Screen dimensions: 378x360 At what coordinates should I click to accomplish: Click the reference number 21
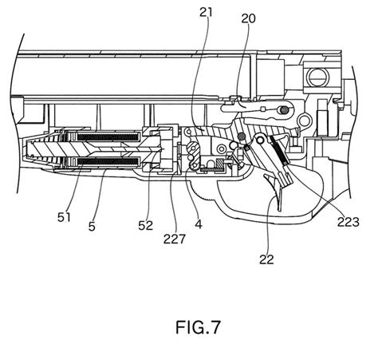tap(207, 13)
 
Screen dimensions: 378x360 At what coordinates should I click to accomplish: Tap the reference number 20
tap(248, 18)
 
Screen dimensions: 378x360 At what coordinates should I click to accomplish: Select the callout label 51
tap(64, 217)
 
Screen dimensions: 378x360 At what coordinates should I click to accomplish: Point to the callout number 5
tap(92, 227)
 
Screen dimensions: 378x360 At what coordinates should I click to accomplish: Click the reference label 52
tap(146, 226)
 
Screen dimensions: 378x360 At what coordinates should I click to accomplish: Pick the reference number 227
tap(175, 239)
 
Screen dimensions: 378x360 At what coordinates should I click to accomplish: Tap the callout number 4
tap(199, 224)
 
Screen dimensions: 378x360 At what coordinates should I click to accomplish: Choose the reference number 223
tap(348, 222)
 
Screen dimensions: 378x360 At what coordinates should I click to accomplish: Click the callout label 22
tap(266, 259)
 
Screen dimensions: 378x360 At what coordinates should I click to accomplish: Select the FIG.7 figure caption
tap(198, 327)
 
